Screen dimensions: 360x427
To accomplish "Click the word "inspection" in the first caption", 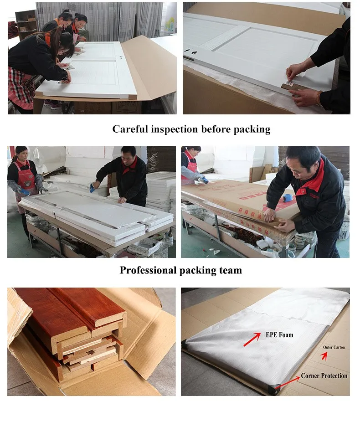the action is tap(174, 129).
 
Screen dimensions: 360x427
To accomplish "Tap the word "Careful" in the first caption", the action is tap(130, 129).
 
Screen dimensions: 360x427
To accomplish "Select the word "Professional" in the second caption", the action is tap(148, 270).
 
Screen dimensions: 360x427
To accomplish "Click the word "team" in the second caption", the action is tap(231, 270).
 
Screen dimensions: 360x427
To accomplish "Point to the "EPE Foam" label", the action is tap(279, 334).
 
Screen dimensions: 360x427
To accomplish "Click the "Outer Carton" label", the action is tap(334, 347).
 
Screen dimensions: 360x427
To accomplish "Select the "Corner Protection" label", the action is tap(324, 376).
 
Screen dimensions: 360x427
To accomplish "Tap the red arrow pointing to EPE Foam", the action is tap(252, 340).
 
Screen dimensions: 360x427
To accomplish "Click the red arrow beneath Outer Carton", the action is tap(324, 356).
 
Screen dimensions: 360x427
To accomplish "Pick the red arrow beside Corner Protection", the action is tap(288, 382).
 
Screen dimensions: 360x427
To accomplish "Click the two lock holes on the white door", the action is tap(190, 51).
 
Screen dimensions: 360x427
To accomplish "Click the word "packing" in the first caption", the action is tap(252, 129).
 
